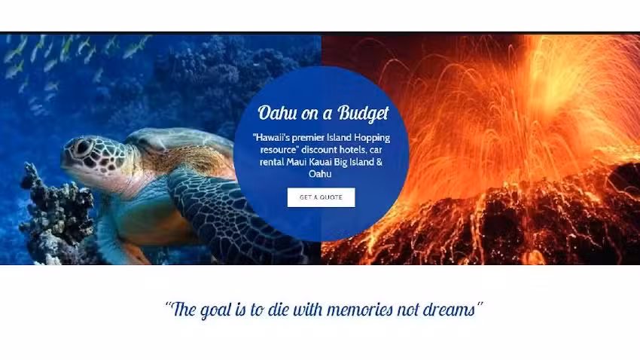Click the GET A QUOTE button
pos(321,197)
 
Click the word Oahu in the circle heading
pos(276,114)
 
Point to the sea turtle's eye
pos(81,147)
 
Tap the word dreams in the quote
pos(450,310)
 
